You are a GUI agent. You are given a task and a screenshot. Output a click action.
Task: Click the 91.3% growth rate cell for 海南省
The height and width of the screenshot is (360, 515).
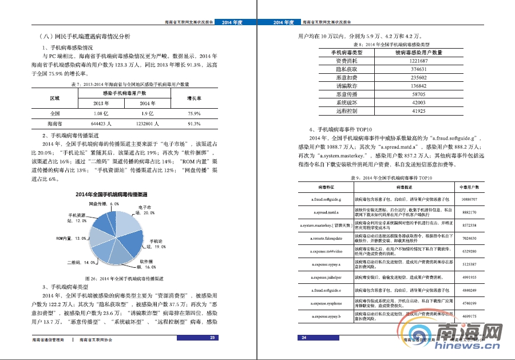click(x=194, y=123)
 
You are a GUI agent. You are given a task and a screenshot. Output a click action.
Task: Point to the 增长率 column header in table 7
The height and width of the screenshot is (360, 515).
click(x=194, y=98)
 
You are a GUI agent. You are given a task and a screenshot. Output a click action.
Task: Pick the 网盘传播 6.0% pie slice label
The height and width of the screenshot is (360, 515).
click(x=104, y=204)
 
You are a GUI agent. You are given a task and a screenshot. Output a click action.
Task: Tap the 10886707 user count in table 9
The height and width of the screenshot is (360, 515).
click(x=469, y=200)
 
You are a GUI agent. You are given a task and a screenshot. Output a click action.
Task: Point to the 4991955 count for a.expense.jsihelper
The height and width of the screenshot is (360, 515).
click(x=469, y=277)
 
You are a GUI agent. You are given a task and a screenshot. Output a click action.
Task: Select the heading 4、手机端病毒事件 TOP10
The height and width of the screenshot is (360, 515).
click(x=341, y=130)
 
